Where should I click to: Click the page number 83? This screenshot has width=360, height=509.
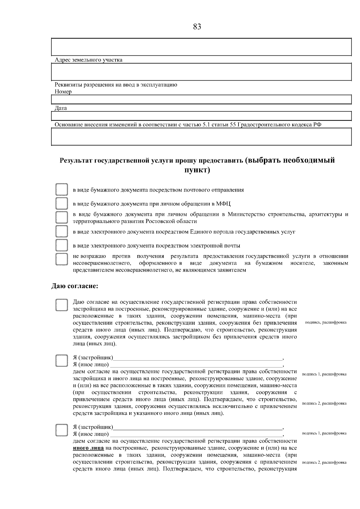point(197,27)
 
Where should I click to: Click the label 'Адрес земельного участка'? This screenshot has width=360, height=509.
point(88,60)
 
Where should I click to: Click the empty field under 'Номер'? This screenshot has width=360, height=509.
point(201,100)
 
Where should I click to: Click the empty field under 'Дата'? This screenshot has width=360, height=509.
point(201,116)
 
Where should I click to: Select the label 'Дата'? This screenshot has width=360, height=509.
point(61,108)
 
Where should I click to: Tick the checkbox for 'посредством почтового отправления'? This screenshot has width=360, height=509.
point(61,190)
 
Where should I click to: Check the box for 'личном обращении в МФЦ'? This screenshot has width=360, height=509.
point(61,204)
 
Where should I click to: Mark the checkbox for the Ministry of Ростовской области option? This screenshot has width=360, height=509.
point(61,217)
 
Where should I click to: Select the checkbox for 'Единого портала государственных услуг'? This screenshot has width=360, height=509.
point(61,231)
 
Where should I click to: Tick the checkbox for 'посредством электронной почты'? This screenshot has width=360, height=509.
point(61,245)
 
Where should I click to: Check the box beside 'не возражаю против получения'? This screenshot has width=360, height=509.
point(61,259)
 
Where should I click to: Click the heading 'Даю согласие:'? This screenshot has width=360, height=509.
point(75,286)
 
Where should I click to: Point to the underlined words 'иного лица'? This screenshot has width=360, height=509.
point(88,448)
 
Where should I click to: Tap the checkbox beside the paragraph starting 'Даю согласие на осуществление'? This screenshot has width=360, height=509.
point(61,305)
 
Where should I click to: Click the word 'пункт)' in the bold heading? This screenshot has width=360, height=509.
point(197,171)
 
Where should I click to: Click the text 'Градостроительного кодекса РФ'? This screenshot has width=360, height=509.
point(279,125)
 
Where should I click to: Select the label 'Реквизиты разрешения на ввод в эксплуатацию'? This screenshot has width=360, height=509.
point(116,85)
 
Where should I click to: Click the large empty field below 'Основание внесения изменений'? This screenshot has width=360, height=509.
point(201,137)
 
